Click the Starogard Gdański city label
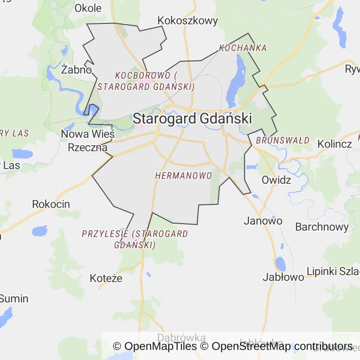[192, 118]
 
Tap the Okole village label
[88, 8]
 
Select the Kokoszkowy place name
[188, 21]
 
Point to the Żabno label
[76, 70]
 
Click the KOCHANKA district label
[243, 48]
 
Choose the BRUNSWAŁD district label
[283, 140]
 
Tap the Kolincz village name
[335, 144]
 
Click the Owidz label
[276, 180]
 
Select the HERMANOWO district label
[183, 175]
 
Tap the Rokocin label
[51, 204]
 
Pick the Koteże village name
[106, 278]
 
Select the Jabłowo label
[283, 277]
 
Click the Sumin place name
[14, 299]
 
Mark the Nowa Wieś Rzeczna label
[88, 141]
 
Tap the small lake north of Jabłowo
[280, 263]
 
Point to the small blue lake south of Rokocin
[39, 231]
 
